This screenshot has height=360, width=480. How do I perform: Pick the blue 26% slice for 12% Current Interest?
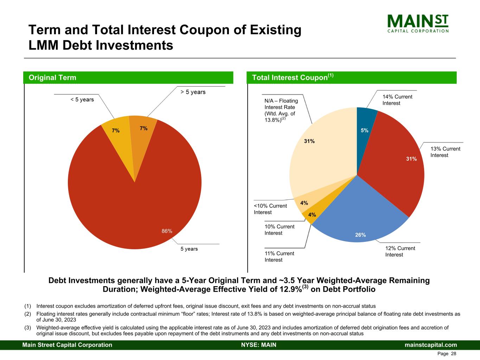tap(361, 219)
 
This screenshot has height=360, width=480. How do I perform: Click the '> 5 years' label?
tap(193, 92)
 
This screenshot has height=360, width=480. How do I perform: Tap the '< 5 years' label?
tap(82, 99)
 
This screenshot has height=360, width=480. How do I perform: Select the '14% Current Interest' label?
tap(397, 100)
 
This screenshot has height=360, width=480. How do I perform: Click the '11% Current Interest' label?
tap(279, 257)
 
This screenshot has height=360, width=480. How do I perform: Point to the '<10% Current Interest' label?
tap(270, 209)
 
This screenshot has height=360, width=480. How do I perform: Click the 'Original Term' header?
tap(52, 78)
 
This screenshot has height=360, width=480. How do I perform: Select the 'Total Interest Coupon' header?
tap(293, 77)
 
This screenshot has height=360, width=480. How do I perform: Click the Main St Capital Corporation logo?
tap(418, 24)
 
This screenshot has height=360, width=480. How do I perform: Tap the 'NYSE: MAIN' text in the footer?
tap(259, 345)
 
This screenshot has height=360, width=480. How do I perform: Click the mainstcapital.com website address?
tap(430, 345)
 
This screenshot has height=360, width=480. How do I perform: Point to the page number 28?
tap(454, 354)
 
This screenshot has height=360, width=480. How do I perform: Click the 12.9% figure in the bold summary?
tap(290, 289)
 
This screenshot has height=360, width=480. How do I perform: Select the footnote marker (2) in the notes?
tap(27, 314)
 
